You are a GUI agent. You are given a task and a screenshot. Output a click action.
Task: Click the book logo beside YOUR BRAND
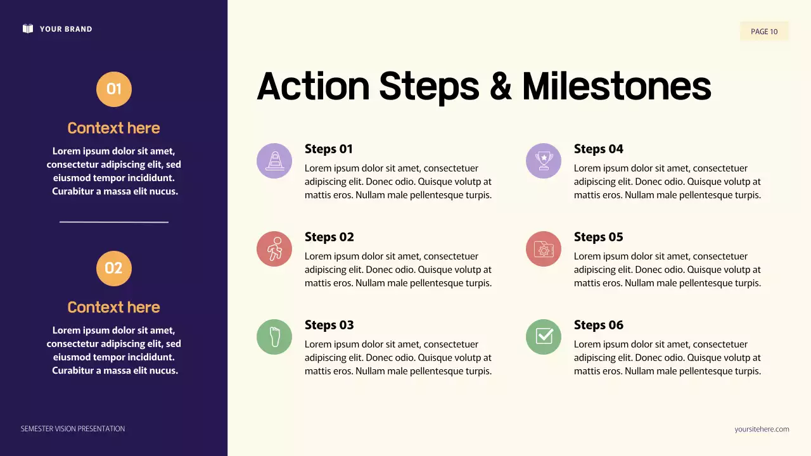pyautogui.click(x=28, y=28)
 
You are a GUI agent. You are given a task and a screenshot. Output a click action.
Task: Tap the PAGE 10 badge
pyautogui.click(x=764, y=32)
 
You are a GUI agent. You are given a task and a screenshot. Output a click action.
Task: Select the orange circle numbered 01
pyautogui.click(x=114, y=89)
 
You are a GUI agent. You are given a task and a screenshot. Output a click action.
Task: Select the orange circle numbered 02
pyautogui.click(x=114, y=269)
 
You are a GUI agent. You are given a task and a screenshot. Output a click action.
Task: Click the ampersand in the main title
pyautogui.click(x=501, y=86)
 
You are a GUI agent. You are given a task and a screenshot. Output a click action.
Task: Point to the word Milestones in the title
pyautogui.click(x=616, y=86)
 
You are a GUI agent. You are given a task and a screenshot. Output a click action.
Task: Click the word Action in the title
pyautogui.click(x=313, y=86)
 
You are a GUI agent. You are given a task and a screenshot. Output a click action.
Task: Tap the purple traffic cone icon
pyautogui.click(x=274, y=161)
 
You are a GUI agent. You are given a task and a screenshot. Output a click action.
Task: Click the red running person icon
pyautogui.click(x=274, y=249)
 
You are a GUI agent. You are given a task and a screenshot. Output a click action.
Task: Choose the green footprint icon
pyautogui.click(x=274, y=337)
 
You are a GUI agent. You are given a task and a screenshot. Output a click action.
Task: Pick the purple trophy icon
pyautogui.click(x=544, y=161)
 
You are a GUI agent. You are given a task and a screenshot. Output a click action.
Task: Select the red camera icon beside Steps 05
pyautogui.click(x=544, y=249)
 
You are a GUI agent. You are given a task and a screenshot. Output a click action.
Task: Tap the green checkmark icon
pyautogui.click(x=544, y=337)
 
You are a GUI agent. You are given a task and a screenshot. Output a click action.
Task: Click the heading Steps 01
pyautogui.click(x=328, y=149)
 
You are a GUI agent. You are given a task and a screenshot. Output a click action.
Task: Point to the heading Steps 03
pyautogui.click(x=329, y=325)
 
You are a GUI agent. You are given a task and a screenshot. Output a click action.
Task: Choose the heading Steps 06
pyautogui.click(x=598, y=325)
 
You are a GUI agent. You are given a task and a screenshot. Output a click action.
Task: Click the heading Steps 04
pyautogui.click(x=598, y=149)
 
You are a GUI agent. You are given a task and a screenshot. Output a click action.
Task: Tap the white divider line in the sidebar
pyautogui.click(x=114, y=222)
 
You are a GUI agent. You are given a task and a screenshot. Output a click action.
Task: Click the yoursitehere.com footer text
pyautogui.click(x=762, y=429)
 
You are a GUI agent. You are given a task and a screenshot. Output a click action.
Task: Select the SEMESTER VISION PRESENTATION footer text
pyautogui.click(x=73, y=429)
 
